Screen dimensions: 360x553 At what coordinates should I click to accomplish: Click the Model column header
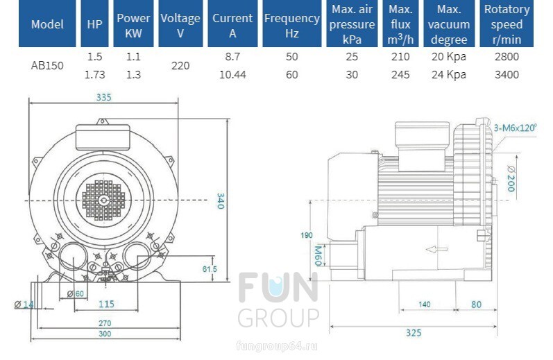(x=47, y=24)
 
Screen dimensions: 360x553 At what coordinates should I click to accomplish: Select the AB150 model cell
(x=47, y=65)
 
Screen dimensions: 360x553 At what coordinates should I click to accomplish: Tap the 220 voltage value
(x=180, y=65)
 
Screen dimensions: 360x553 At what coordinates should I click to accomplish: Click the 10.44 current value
(x=232, y=75)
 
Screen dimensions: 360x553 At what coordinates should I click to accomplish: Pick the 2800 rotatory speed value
(x=507, y=56)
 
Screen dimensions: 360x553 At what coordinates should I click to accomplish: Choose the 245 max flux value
(x=400, y=75)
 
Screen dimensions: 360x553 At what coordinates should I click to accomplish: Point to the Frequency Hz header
(x=291, y=24)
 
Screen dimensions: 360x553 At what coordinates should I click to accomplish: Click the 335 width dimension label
(x=104, y=98)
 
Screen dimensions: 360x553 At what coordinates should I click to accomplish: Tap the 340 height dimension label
(x=221, y=200)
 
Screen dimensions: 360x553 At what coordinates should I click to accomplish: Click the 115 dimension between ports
(x=105, y=304)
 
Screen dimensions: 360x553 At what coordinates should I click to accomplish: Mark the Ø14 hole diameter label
(x=24, y=304)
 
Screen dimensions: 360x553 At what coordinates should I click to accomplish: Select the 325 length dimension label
(x=414, y=333)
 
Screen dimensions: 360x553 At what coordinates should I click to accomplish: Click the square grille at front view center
(x=104, y=200)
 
